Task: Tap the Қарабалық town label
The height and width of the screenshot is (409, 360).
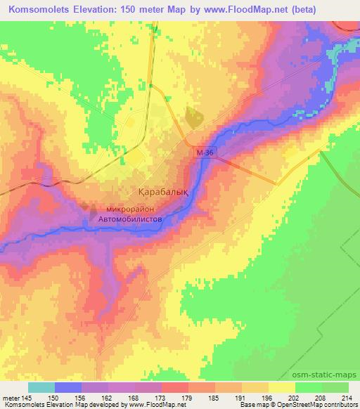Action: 160,190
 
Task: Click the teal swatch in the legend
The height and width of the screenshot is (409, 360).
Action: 41,387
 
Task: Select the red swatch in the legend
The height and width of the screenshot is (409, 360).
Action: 175,387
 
